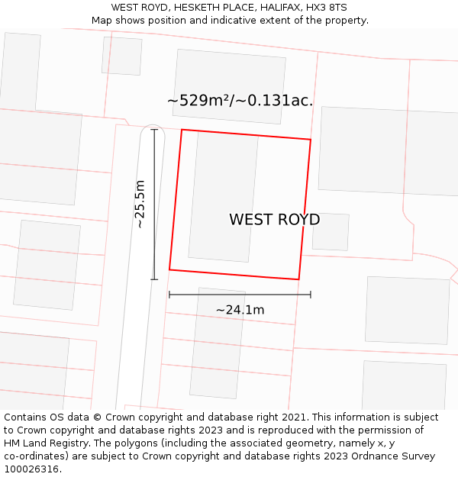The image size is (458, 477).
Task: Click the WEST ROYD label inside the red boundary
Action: (274, 220)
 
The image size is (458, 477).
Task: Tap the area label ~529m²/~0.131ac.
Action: (240, 100)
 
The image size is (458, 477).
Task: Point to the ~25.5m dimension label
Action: (140, 204)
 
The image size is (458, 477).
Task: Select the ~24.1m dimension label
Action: (240, 310)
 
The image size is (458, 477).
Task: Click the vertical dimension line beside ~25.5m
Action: (154, 204)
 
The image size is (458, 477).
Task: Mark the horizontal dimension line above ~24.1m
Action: (240, 294)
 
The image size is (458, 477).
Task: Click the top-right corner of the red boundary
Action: (311, 140)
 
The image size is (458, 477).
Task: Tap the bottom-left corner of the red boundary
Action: (169, 269)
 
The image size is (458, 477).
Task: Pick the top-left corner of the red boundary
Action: (182, 130)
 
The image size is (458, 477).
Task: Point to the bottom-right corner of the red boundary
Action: (298, 279)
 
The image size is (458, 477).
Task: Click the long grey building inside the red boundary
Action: (223, 198)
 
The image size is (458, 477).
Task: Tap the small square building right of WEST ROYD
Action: (331, 231)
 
